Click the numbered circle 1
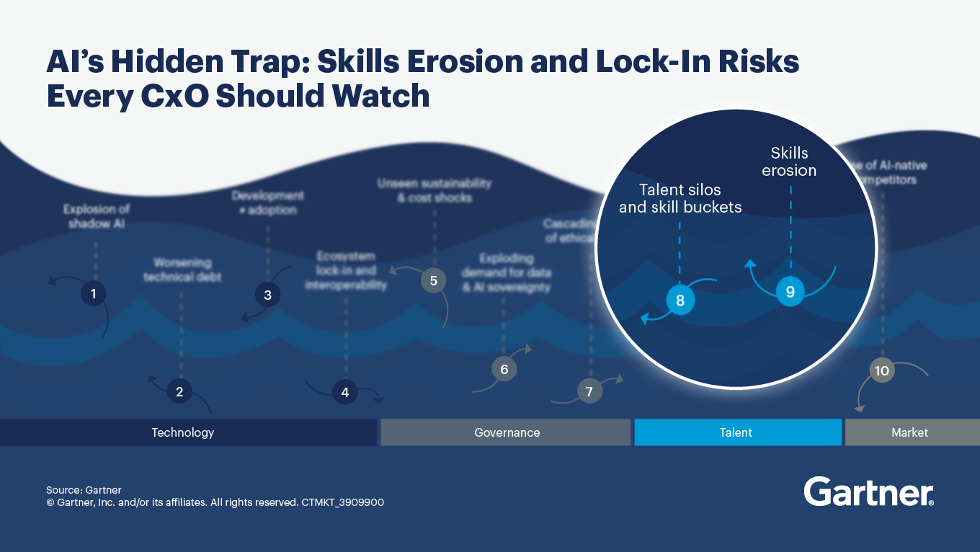pyautogui.click(x=94, y=293)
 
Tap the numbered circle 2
pyautogui.click(x=179, y=391)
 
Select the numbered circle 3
pyautogui.click(x=267, y=295)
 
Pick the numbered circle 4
pyautogui.click(x=345, y=392)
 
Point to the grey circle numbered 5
pyautogui.click(x=433, y=280)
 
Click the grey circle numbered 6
pyautogui.click(x=504, y=370)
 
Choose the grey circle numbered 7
pyautogui.click(x=589, y=391)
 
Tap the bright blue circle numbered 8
pyautogui.click(x=680, y=300)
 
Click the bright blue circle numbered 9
pyautogui.click(x=790, y=292)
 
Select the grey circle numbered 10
pyautogui.click(x=881, y=370)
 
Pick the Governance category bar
pyautogui.click(x=506, y=432)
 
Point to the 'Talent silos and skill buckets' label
pyautogui.click(x=680, y=199)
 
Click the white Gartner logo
pyautogui.click(x=868, y=491)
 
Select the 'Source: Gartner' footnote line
pyautogui.click(x=84, y=490)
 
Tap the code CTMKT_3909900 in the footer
pyautogui.click(x=343, y=502)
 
